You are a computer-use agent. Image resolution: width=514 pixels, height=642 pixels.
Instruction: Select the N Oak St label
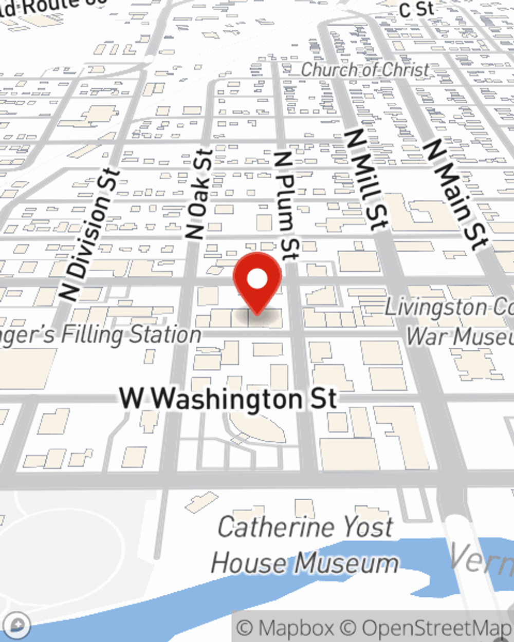pyautogui.click(x=199, y=195)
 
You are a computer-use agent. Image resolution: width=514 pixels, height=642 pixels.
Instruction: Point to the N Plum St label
pyautogui.click(x=286, y=205)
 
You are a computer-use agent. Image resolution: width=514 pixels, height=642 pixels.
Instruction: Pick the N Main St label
pyautogui.click(x=454, y=195)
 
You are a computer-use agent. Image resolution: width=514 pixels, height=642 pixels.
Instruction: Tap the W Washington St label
pyautogui.click(x=228, y=399)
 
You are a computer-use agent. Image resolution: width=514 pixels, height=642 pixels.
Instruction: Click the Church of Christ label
pyautogui.click(x=364, y=70)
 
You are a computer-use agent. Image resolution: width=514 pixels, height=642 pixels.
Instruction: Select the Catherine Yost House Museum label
pyautogui.click(x=305, y=545)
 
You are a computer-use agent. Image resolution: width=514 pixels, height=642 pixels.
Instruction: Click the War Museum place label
pyautogui.click(x=460, y=336)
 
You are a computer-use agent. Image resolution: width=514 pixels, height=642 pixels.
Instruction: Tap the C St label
pyautogui.click(x=416, y=9)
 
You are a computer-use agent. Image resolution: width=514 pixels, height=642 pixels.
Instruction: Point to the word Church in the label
pyautogui.click(x=328, y=70)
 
